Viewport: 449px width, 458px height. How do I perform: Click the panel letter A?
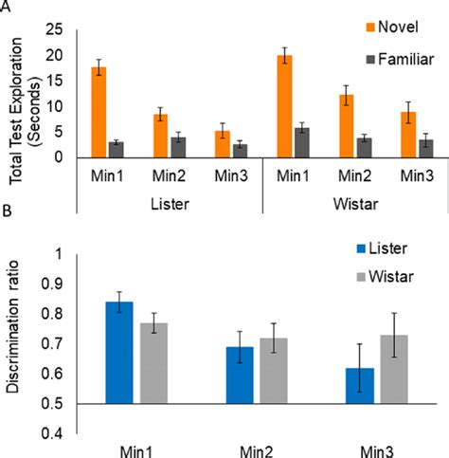click(x=7, y=9)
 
